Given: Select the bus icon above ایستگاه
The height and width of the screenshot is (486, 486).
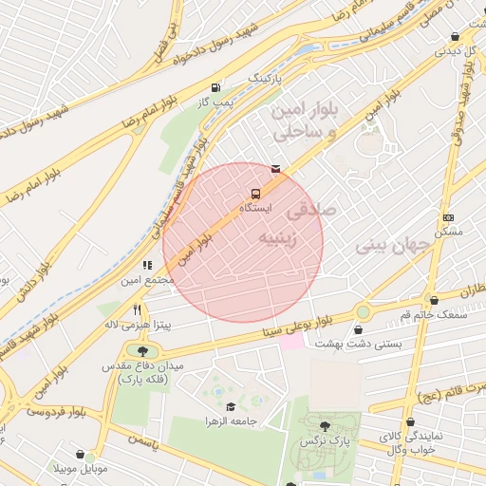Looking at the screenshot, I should [254, 193].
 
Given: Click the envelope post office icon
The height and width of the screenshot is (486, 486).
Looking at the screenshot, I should [275, 169].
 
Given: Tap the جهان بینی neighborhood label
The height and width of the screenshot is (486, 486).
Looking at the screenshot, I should [393, 246].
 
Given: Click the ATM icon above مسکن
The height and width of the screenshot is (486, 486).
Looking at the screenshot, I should [448, 217].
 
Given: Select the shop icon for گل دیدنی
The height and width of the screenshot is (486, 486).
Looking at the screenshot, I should [455, 37].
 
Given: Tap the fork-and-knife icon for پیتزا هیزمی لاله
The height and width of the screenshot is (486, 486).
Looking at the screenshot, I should [137, 309].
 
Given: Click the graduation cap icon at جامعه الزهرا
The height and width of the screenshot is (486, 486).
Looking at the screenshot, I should [230, 406].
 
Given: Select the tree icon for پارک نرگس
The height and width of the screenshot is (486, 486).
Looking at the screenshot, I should [326, 426].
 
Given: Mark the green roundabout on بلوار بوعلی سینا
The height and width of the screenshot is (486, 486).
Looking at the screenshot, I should [363, 311].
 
